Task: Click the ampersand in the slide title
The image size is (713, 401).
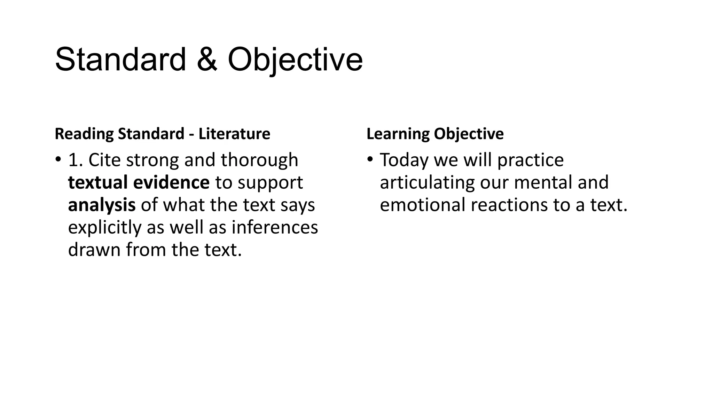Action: click(x=207, y=60)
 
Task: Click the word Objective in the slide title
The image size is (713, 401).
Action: click(x=295, y=60)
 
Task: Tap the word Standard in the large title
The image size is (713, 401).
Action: click(x=120, y=60)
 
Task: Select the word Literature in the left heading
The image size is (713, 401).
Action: click(x=234, y=134)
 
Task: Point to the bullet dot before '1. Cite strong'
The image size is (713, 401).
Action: click(x=58, y=160)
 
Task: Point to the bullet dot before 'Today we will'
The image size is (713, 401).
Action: click(x=370, y=160)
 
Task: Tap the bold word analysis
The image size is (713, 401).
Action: click(x=102, y=205)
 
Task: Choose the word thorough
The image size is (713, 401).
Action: click(x=259, y=160)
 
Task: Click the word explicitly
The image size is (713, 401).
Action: click(x=105, y=227)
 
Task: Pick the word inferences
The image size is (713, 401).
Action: click(x=275, y=227)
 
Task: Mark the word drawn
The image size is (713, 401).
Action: click(x=94, y=250)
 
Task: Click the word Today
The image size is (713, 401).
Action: click(x=404, y=160)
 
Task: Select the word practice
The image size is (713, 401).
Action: click(x=530, y=160)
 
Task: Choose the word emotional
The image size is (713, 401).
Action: click(x=422, y=205)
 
